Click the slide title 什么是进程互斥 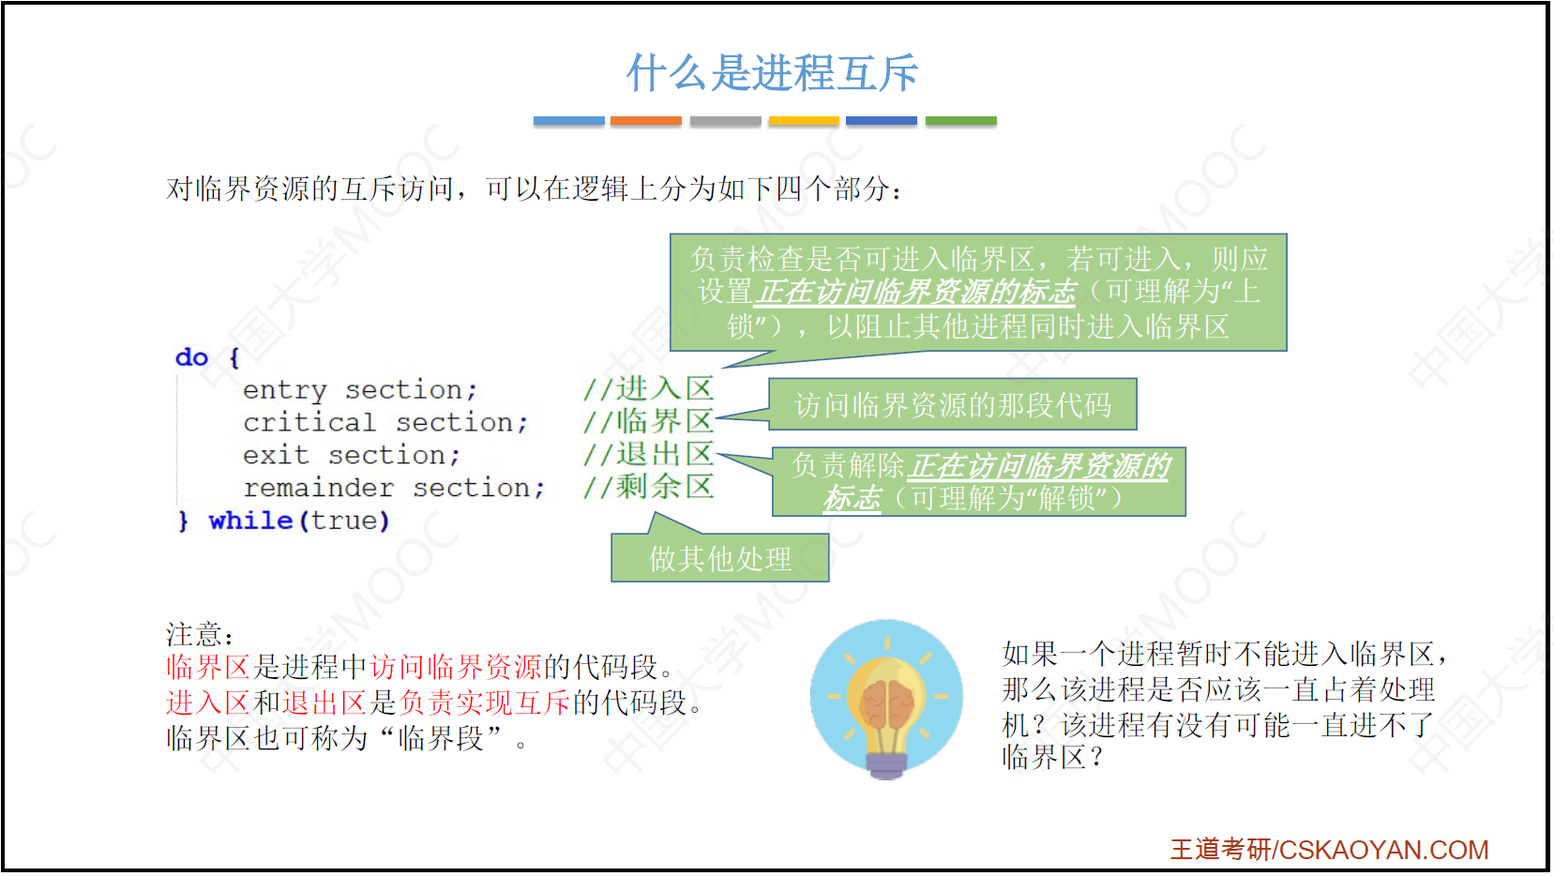point(772,73)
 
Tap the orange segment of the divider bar point(646,121)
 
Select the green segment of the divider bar point(961,121)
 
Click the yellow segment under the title point(804,121)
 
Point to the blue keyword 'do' point(191,357)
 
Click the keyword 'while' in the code point(250,521)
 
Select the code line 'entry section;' point(360,390)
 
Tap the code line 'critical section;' point(385,422)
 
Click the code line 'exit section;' point(352,456)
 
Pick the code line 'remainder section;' point(394,489)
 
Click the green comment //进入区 point(649,389)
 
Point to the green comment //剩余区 point(649,487)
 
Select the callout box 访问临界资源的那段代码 point(953,405)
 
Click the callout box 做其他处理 point(720,558)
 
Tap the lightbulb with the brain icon point(886,699)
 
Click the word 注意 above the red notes point(194,634)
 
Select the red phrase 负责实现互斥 point(484,702)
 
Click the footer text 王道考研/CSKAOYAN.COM point(1329,850)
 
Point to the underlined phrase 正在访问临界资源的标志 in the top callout point(915,292)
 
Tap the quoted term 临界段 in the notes point(441,739)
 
